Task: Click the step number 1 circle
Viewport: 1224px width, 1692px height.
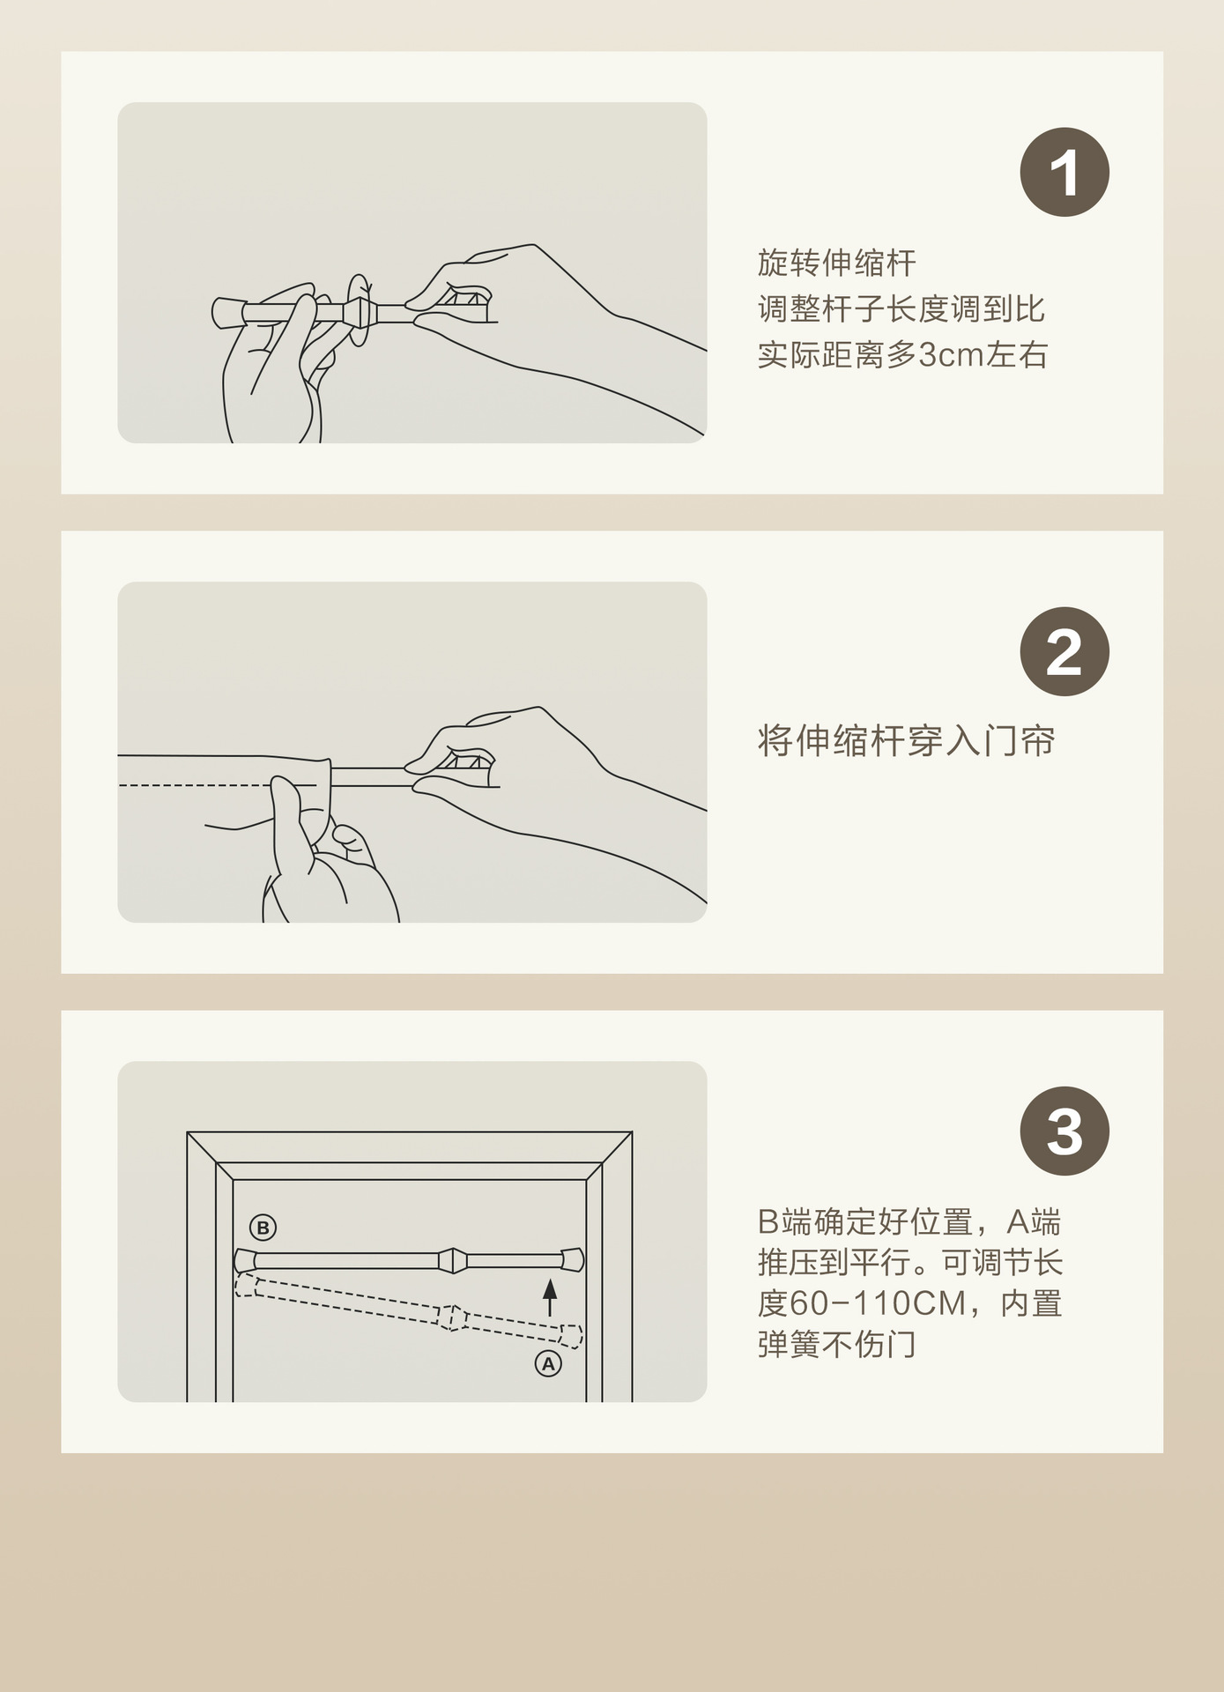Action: (x=1065, y=172)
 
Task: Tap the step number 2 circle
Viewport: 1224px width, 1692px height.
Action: (x=1065, y=651)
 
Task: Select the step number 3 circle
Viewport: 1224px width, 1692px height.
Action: (x=1065, y=1131)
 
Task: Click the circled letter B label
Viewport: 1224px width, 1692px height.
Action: (x=263, y=1227)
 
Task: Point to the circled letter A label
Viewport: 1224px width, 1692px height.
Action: (x=548, y=1363)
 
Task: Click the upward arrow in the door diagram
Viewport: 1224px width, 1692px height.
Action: (x=550, y=1297)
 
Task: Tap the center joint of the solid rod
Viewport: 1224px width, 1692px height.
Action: (x=452, y=1260)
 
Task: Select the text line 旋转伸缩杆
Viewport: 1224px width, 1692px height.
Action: (x=837, y=263)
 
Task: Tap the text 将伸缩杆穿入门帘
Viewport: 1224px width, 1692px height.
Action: (x=906, y=741)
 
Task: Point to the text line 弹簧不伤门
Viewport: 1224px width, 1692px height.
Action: (x=837, y=1345)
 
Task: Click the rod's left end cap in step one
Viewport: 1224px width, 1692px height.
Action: (x=227, y=312)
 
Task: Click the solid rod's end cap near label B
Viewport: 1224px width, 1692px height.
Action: (x=244, y=1260)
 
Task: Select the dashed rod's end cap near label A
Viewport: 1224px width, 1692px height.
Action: (x=571, y=1337)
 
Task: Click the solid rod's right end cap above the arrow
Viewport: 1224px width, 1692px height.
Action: (x=573, y=1259)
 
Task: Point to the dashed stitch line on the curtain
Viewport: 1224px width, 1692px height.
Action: (x=217, y=784)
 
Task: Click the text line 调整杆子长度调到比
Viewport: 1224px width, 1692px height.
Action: (x=901, y=309)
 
